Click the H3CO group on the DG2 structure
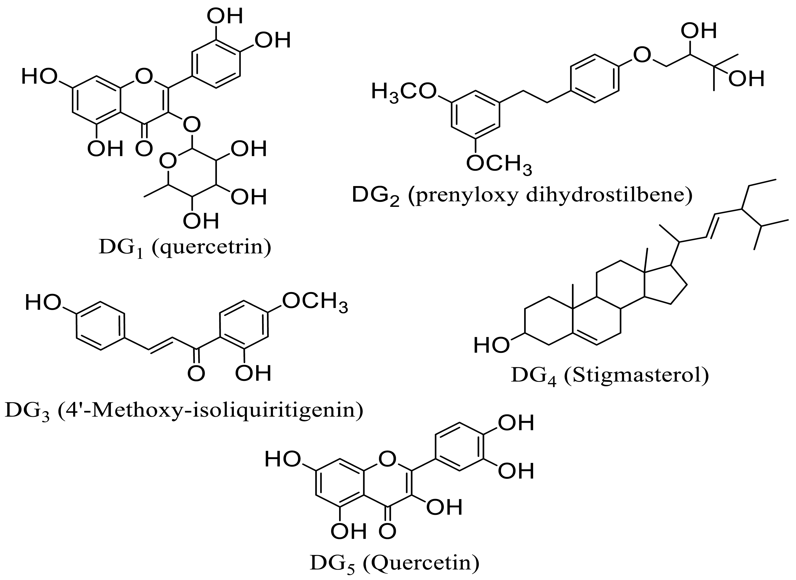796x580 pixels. tap(404, 92)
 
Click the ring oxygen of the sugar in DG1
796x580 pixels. tap(168, 161)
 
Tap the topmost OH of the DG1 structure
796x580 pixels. tap(225, 16)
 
